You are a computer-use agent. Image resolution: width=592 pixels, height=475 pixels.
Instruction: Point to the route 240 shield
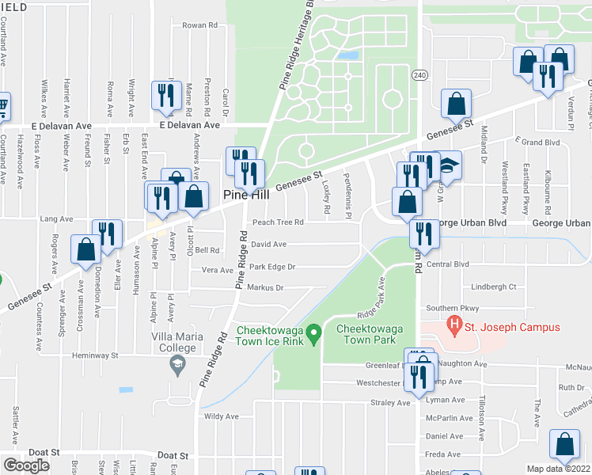pyautogui.click(x=419, y=74)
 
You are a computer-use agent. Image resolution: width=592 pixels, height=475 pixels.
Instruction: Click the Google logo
pyautogui.click(x=26, y=465)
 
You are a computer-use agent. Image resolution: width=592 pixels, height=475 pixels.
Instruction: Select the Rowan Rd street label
pyautogui.click(x=199, y=25)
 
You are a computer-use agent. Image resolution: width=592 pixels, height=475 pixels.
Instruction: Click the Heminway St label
pyautogui.click(x=95, y=355)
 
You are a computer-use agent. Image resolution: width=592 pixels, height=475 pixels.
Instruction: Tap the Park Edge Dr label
pyautogui.click(x=271, y=267)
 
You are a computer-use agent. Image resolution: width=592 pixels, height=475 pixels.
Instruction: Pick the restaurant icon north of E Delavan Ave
pyautogui.click(x=166, y=95)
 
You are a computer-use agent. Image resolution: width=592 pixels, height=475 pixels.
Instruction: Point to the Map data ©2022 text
pyautogui.click(x=559, y=469)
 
